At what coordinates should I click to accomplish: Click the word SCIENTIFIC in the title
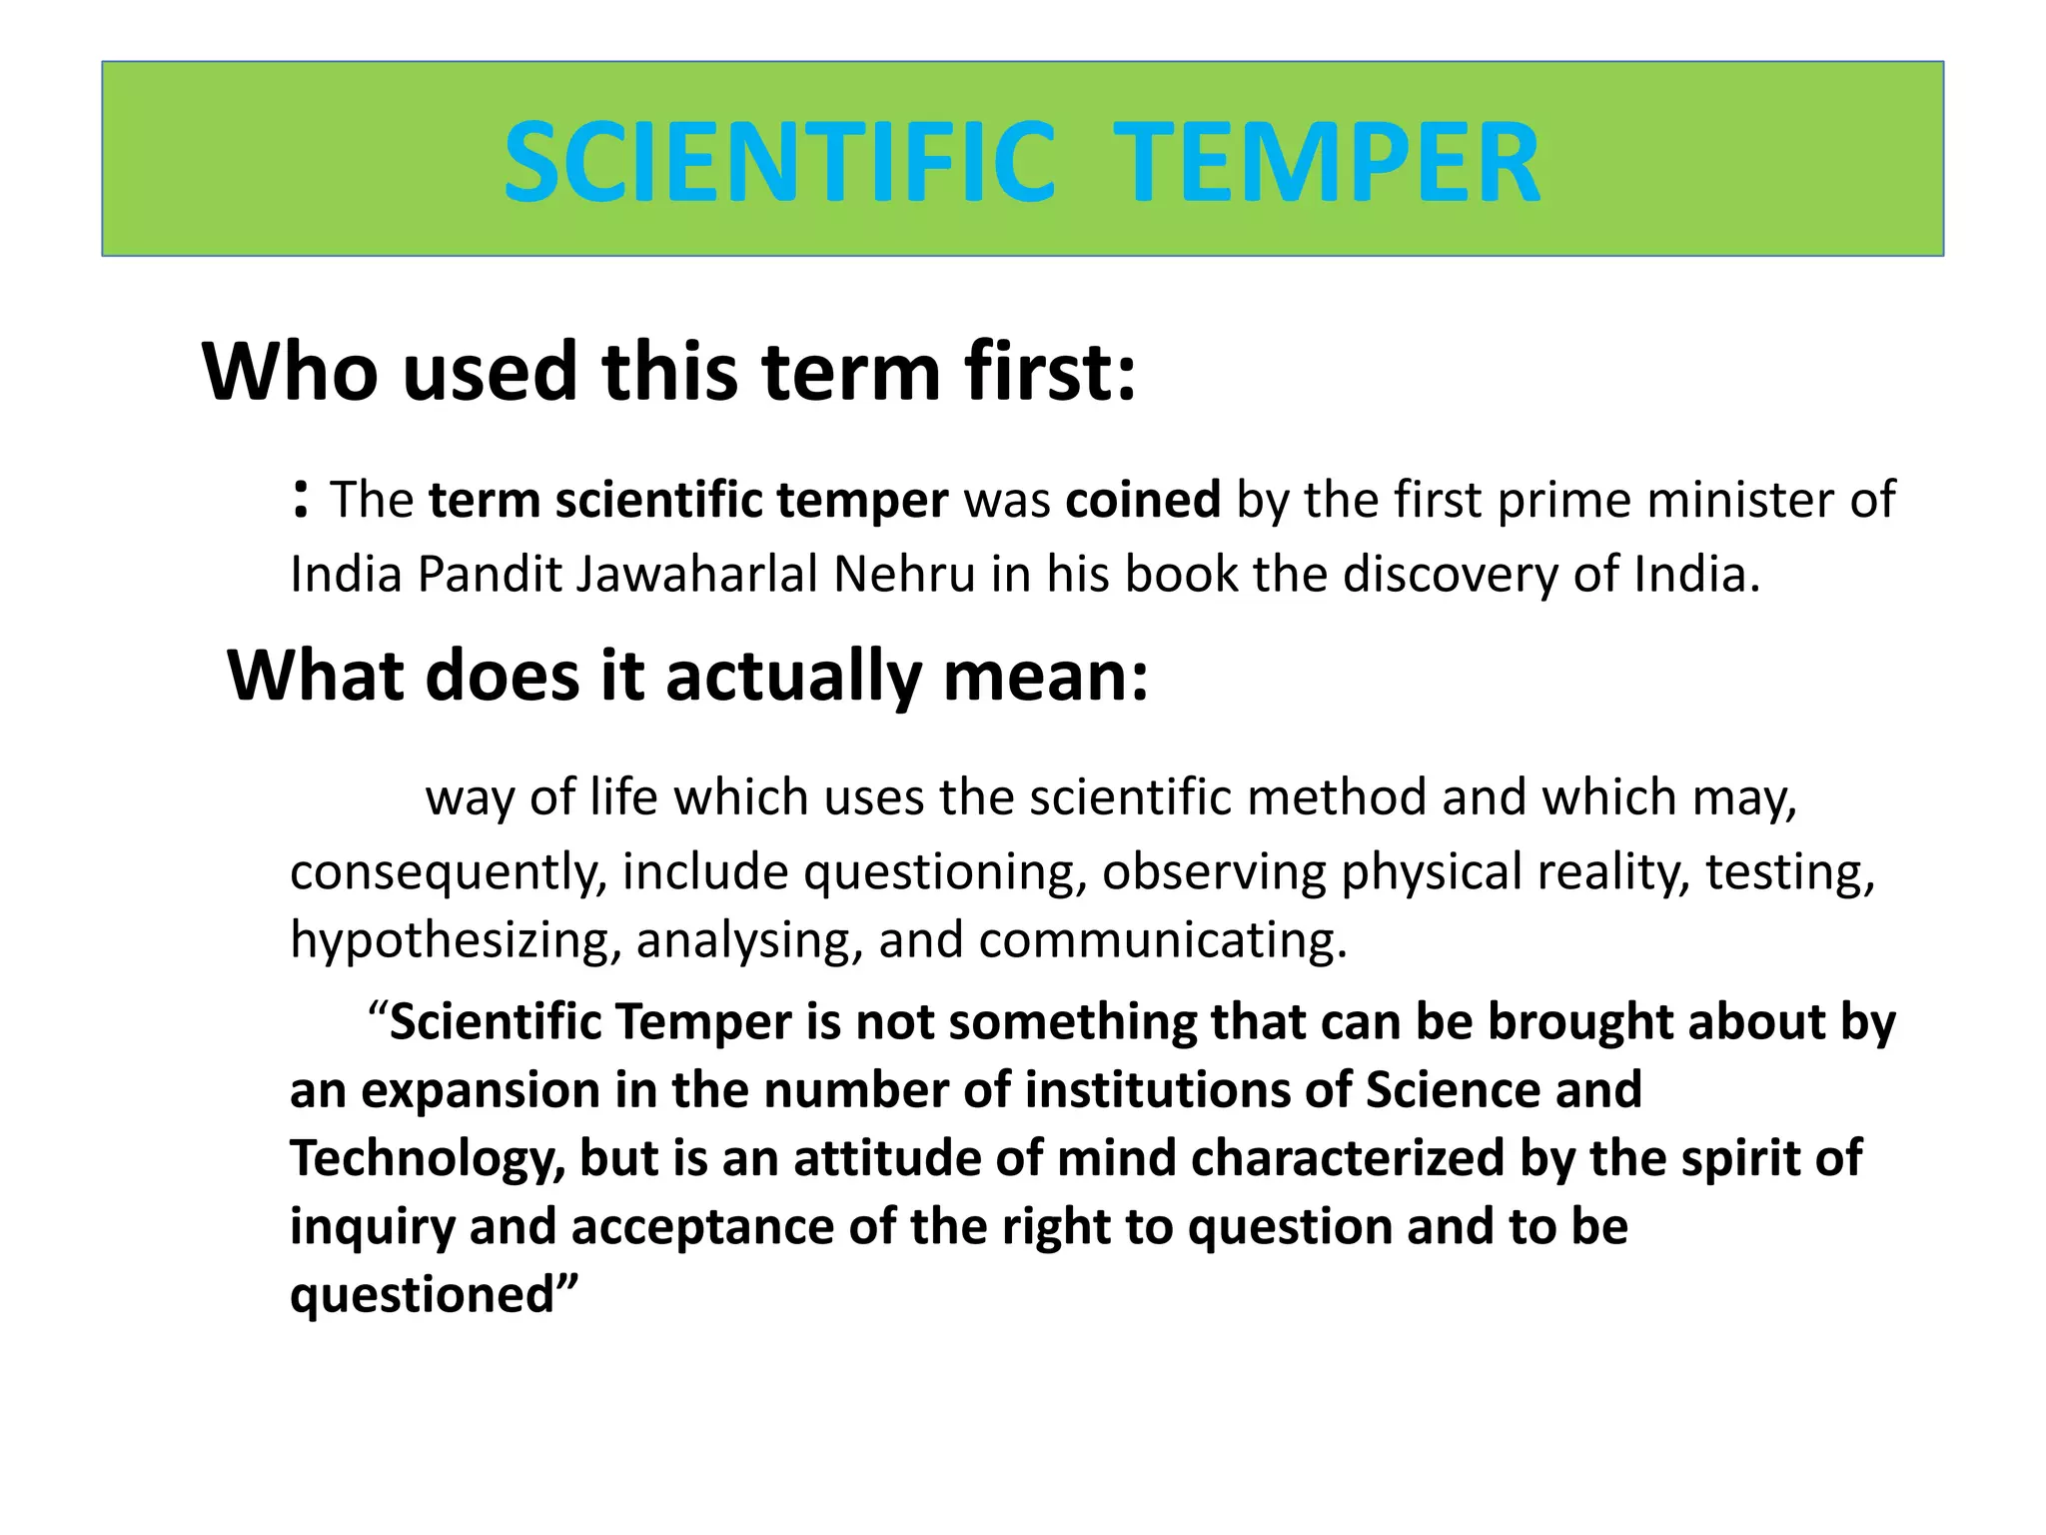779,162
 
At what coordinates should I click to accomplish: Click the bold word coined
1143,500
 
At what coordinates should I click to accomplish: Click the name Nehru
904,575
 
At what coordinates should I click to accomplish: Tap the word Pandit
490,575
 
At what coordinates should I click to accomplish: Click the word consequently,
448,872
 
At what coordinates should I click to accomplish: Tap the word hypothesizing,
456,940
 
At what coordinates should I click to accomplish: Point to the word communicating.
1163,940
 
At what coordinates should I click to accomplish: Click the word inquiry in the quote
372,1227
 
